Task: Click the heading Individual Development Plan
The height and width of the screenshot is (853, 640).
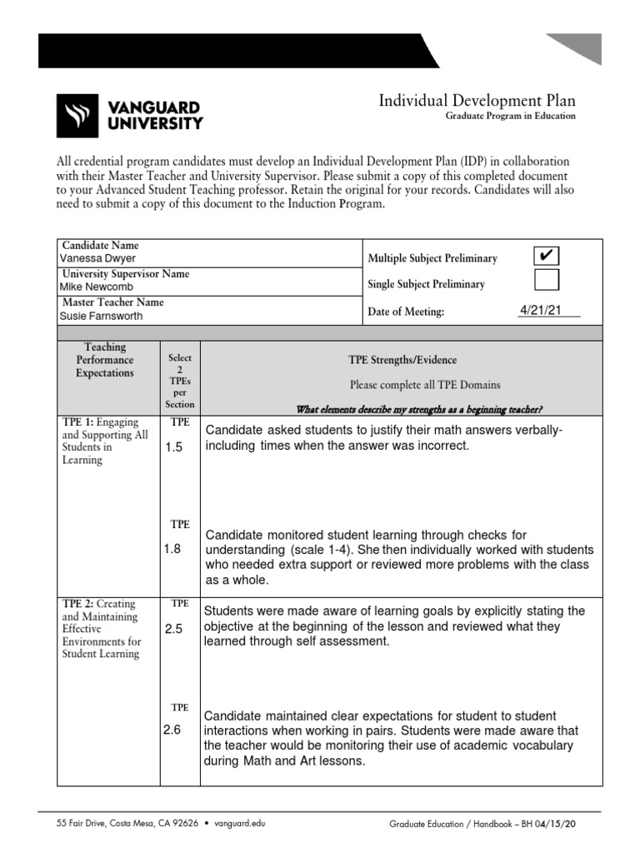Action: coord(477,101)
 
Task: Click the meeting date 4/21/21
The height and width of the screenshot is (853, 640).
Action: coord(540,311)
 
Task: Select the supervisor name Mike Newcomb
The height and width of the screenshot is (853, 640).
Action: coord(95,287)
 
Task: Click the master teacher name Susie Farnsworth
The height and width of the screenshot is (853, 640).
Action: coord(101,317)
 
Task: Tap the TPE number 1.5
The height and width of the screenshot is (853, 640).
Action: coord(173,447)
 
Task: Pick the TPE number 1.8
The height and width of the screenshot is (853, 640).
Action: coord(173,549)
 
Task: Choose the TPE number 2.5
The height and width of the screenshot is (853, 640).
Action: coord(173,629)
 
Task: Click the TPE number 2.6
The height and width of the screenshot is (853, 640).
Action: coord(172,731)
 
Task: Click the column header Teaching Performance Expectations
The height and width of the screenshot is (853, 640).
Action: coord(105,360)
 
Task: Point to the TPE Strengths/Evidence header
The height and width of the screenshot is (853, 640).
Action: coord(402,360)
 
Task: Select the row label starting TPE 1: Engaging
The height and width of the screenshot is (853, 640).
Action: coord(105,441)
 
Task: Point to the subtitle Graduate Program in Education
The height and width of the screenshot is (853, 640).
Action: coord(509,117)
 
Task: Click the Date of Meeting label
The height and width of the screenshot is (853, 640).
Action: coord(406,312)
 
